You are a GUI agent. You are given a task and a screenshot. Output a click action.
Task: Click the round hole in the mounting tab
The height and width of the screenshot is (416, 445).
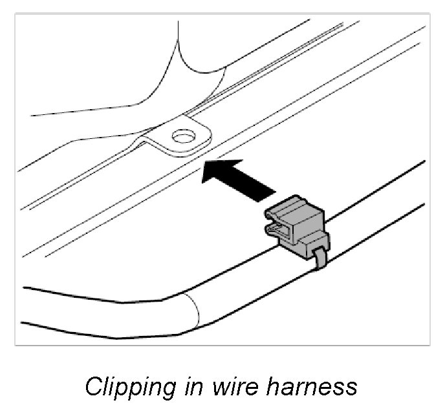(182, 136)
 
